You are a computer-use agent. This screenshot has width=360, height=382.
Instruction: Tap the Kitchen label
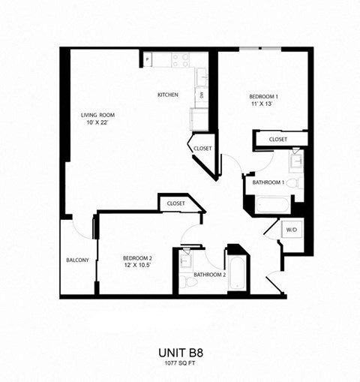coord(166,95)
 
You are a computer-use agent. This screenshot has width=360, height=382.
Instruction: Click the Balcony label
coord(77,260)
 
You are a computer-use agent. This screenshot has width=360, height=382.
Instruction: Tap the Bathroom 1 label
coord(267,182)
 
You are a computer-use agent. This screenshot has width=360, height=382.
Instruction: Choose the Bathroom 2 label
coord(209,275)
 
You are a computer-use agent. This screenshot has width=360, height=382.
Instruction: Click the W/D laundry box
coord(290,230)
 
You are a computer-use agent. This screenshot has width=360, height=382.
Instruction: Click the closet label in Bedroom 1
coord(278,140)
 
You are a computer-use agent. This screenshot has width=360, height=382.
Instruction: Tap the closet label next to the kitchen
coord(202,149)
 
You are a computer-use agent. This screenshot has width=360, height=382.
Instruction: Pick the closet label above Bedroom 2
coord(176,203)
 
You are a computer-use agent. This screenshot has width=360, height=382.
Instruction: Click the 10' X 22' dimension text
coord(97,122)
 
